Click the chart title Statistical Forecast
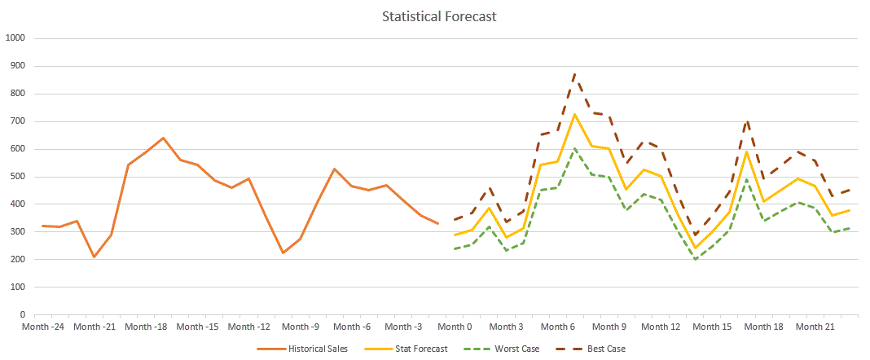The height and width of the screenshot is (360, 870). coord(439,16)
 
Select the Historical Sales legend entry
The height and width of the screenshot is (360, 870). coord(302,349)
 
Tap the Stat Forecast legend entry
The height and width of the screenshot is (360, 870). coord(406,349)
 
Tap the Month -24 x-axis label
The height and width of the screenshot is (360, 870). coord(42,327)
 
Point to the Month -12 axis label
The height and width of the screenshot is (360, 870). coord(248,327)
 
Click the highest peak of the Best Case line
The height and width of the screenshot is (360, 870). coord(574,73)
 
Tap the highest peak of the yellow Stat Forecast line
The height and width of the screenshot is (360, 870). coord(574,114)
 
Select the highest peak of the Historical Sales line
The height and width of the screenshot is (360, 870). coord(163,138)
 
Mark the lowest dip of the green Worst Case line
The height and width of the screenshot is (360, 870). coord(695,260)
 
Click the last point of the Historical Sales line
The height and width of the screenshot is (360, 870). coord(437,223)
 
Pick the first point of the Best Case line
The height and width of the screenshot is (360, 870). coord(455,220)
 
